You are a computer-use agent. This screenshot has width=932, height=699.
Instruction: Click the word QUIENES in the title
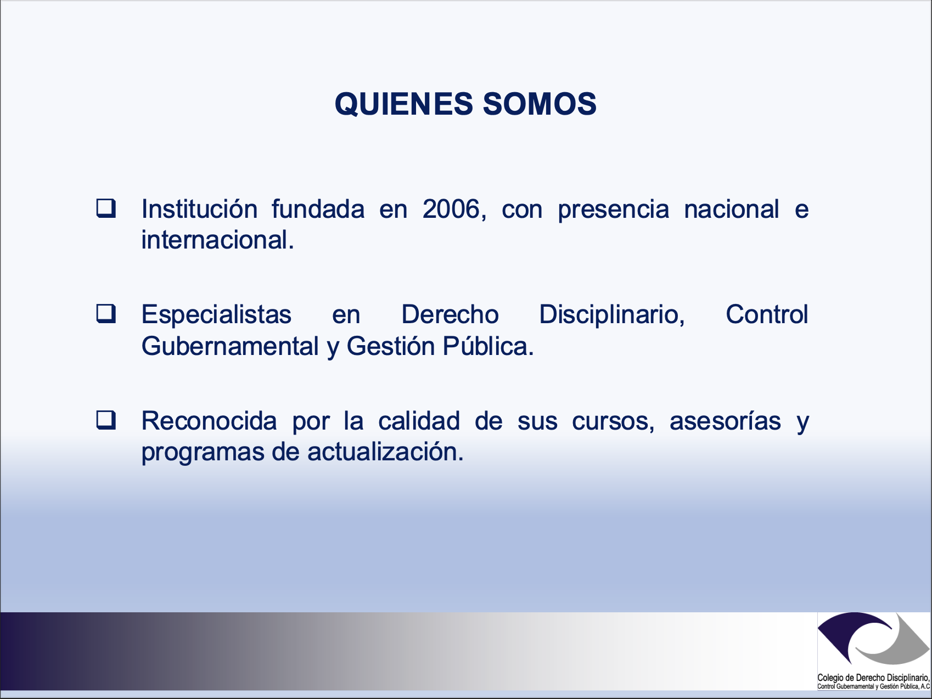point(403,104)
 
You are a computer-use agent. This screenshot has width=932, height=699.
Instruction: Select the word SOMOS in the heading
point(540,104)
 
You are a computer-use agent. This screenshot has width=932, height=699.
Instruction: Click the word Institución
point(199,209)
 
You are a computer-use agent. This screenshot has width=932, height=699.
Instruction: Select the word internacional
point(217,240)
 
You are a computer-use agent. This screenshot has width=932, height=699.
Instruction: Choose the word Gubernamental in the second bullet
point(230,346)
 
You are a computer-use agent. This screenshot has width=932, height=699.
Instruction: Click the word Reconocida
point(209,421)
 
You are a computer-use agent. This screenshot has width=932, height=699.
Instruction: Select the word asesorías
point(725,421)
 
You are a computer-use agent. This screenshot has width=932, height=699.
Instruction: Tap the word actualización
point(385,452)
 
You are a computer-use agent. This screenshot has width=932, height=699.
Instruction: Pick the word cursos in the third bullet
point(613,421)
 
